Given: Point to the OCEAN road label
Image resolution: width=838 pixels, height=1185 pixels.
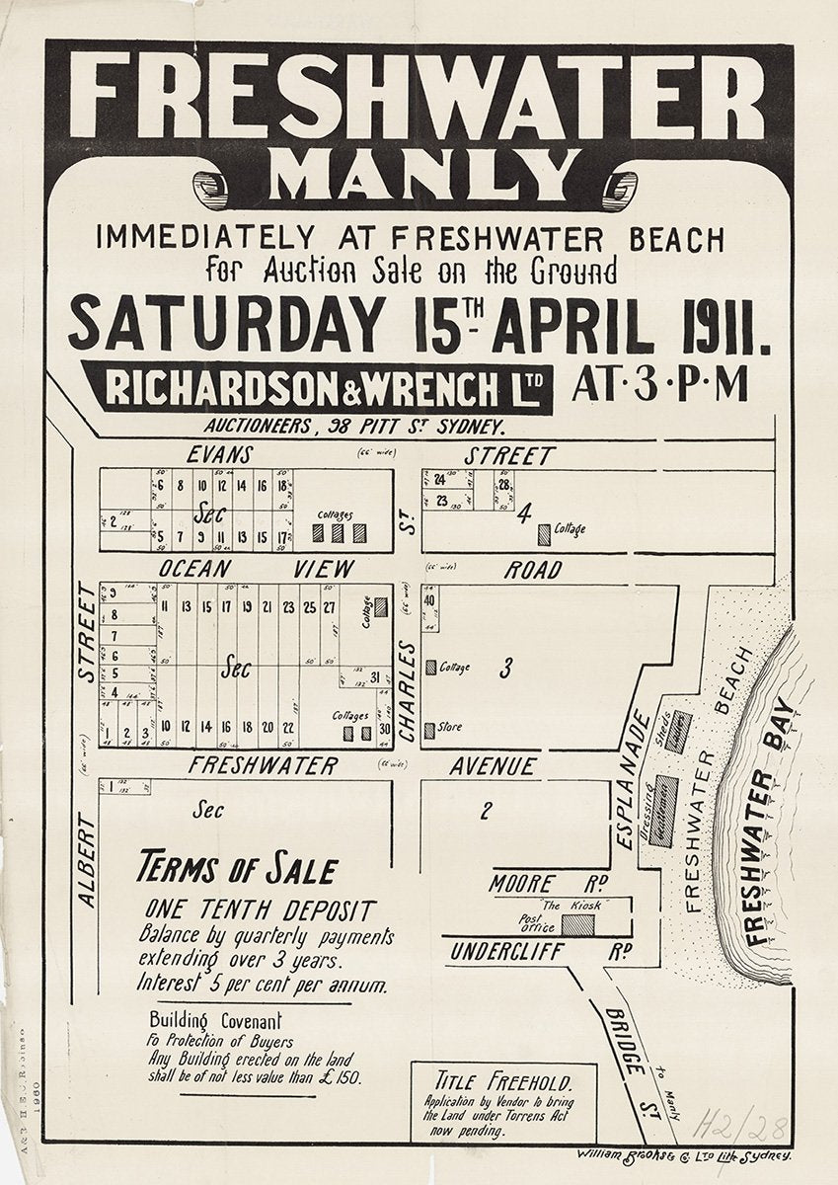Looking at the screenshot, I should (x=195, y=569).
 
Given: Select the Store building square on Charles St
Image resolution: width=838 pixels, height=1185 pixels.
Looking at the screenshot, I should (x=429, y=729).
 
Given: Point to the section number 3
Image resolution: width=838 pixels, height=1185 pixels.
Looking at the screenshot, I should (x=505, y=669).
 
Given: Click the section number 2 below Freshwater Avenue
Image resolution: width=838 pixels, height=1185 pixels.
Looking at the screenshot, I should (x=486, y=812).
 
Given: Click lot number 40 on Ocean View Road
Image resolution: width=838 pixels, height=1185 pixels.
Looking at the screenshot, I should (x=429, y=601).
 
